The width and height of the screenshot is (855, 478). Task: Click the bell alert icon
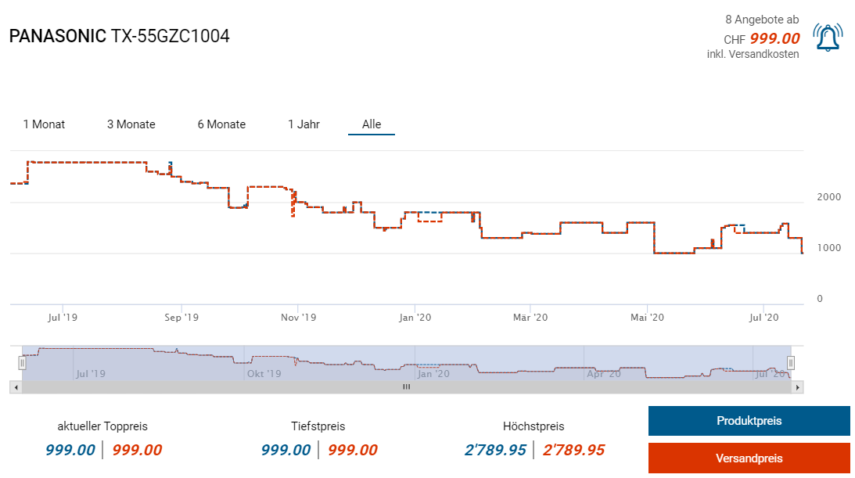[828, 38]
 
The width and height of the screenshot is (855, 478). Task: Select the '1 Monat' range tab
[44, 124]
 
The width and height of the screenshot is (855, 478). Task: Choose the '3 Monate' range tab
[131, 124]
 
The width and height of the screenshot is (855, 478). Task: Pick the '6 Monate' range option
[221, 124]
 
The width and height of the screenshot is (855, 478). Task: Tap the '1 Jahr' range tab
[304, 124]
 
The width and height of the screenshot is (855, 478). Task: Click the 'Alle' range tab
[372, 124]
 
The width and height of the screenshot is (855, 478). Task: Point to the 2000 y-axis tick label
[829, 196]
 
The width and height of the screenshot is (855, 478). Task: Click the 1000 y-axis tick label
[829, 248]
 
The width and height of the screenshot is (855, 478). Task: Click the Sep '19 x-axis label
[181, 318]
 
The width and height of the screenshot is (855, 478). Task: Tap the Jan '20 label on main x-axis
[415, 318]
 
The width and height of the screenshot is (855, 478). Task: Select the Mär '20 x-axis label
[530, 318]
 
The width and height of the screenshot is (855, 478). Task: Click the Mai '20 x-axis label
[647, 318]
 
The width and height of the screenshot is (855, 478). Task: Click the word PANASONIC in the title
[58, 36]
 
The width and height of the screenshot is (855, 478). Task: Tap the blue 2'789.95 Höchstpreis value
[494, 451]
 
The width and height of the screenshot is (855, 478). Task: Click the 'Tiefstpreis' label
[318, 426]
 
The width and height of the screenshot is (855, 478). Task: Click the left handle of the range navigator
[23, 363]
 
